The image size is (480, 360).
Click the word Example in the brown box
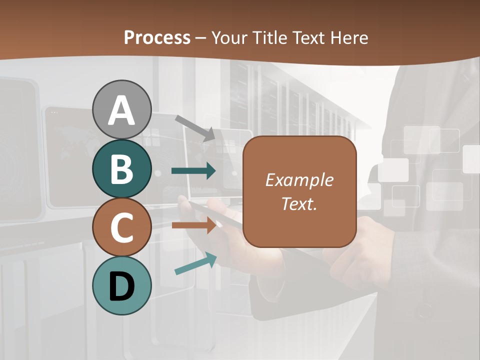[x=299, y=180]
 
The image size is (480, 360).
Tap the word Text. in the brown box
[x=299, y=203]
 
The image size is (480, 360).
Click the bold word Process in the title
[x=157, y=37]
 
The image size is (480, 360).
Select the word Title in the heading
[x=270, y=37]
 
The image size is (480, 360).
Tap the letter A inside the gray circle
[x=121, y=110]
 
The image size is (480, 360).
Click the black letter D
[x=121, y=286]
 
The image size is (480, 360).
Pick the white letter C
[x=121, y=228]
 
